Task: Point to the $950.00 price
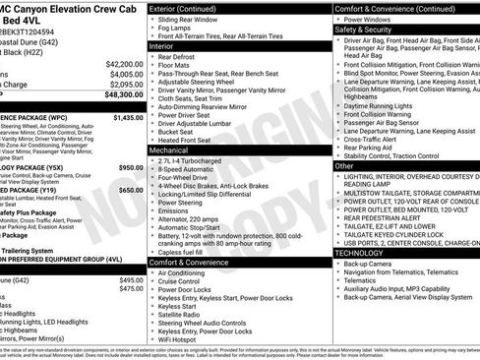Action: pyautogui.click(x=131, y=167)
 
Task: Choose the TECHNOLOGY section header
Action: pyautogui.click(x=367, y=253)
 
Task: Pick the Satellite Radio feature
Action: pyautogui.click(x=187, y=314)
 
